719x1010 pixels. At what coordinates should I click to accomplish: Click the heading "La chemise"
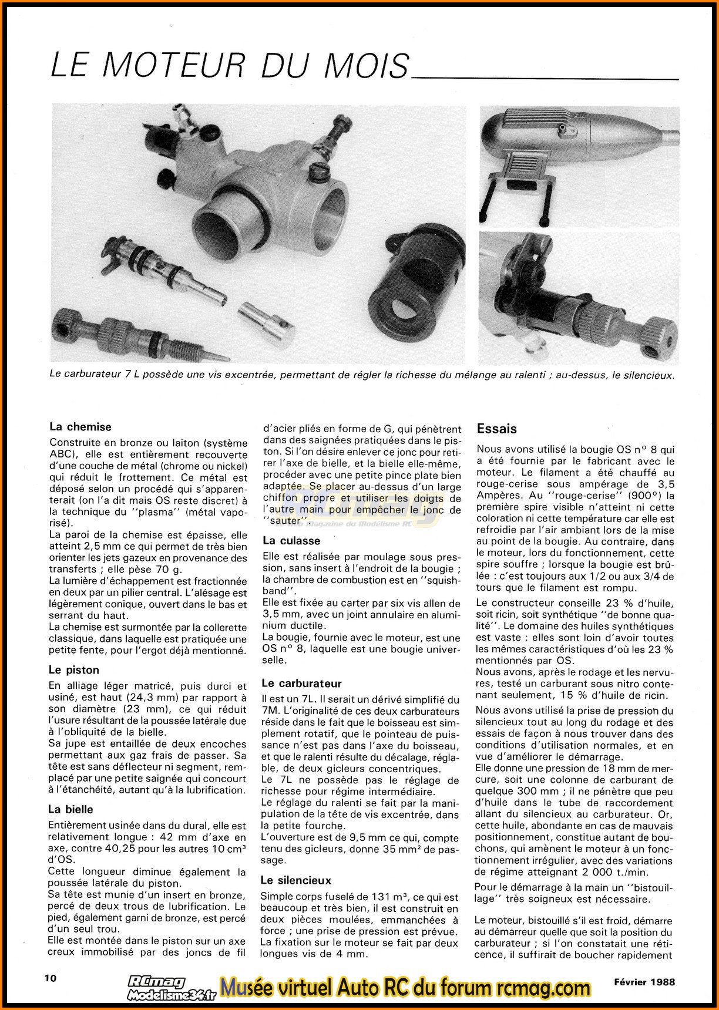click(x=80, y=427)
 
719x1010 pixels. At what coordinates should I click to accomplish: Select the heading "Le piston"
click(x=74, y=669)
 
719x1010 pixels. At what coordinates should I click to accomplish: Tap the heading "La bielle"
click(x=70, y=809)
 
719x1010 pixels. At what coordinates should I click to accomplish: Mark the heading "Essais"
click(x=497, y=429)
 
